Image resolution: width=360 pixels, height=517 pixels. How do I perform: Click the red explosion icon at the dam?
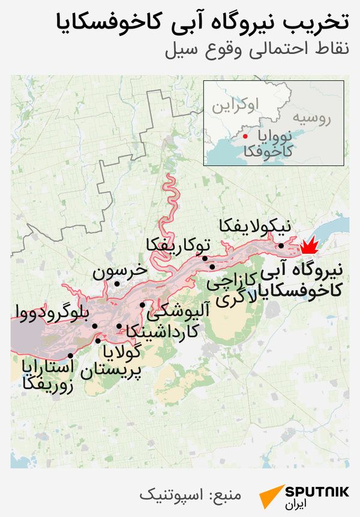click(x=310, y=245)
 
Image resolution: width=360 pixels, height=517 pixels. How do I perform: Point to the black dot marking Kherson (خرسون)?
click(x=118, y=284)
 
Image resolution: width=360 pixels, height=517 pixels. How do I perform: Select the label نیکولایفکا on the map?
click(x=255, y=227)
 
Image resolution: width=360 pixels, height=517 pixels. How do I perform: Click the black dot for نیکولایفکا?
click(x=281, y=245)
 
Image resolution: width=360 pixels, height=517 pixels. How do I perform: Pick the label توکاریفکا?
click(x=178, y=244)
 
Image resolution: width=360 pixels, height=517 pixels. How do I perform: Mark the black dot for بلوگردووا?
click(x=95, y=326)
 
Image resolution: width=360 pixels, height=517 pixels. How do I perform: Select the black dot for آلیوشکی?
click(x=142, y=305)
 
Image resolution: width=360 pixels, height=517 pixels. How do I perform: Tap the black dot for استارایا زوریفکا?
click(x=71, y=355)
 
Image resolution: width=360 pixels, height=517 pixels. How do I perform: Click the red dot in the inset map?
click(x=245, y=137)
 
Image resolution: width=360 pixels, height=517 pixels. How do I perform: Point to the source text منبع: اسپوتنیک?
click(x=190, y=495)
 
